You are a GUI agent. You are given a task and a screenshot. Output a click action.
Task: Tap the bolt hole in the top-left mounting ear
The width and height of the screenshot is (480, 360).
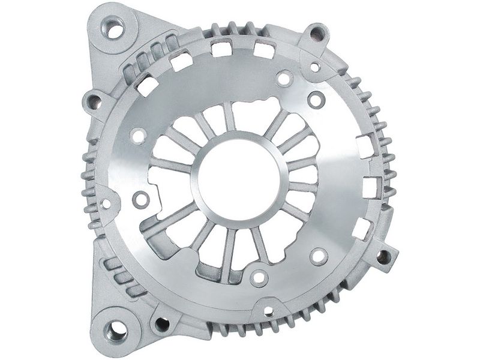pyautogui.click(x=113, y=27)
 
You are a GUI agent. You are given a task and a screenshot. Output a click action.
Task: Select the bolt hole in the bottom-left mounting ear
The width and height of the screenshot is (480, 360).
pyautogui.click(x=116, y=329)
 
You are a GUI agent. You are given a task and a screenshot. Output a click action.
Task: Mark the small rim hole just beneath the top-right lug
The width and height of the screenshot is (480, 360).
pyautogui.click(x=315, y=67)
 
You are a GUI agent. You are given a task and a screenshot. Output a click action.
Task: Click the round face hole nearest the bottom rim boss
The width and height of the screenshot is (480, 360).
pyautogui.click(x=259, y=278)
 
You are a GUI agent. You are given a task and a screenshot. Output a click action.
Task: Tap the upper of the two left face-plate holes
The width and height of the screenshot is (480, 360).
pyautogui.click(x=138, y=136)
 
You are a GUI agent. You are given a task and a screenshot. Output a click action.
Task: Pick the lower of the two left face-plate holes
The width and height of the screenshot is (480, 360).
pyautogui.click(x=141, y=199)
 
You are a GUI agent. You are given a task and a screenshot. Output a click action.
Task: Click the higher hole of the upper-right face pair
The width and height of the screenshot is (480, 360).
pyautogui.click(x=284, y=78)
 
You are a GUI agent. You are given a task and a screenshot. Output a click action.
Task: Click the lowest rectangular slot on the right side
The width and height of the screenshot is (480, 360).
pyautogui.click(x=361, y=227)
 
